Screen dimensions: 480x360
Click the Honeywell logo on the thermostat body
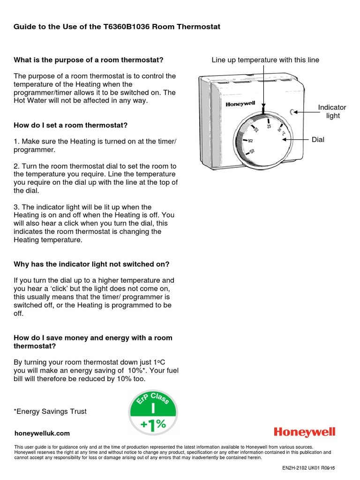240,104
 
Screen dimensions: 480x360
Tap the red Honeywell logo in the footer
305,432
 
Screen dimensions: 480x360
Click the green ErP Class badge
153,413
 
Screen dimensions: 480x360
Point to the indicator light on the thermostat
293,112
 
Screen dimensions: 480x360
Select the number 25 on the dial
269,126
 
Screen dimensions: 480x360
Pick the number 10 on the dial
252,151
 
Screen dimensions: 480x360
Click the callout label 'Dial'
318,140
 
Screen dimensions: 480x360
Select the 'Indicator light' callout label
332,112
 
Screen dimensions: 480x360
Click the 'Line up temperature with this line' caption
265,60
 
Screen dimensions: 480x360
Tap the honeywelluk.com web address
42,434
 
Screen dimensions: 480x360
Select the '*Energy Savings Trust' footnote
50,412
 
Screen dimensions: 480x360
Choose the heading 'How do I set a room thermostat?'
71,125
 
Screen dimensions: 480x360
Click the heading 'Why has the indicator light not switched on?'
91,264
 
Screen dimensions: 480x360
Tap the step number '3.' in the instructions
17,207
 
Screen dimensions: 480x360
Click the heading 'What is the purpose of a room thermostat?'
89,60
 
